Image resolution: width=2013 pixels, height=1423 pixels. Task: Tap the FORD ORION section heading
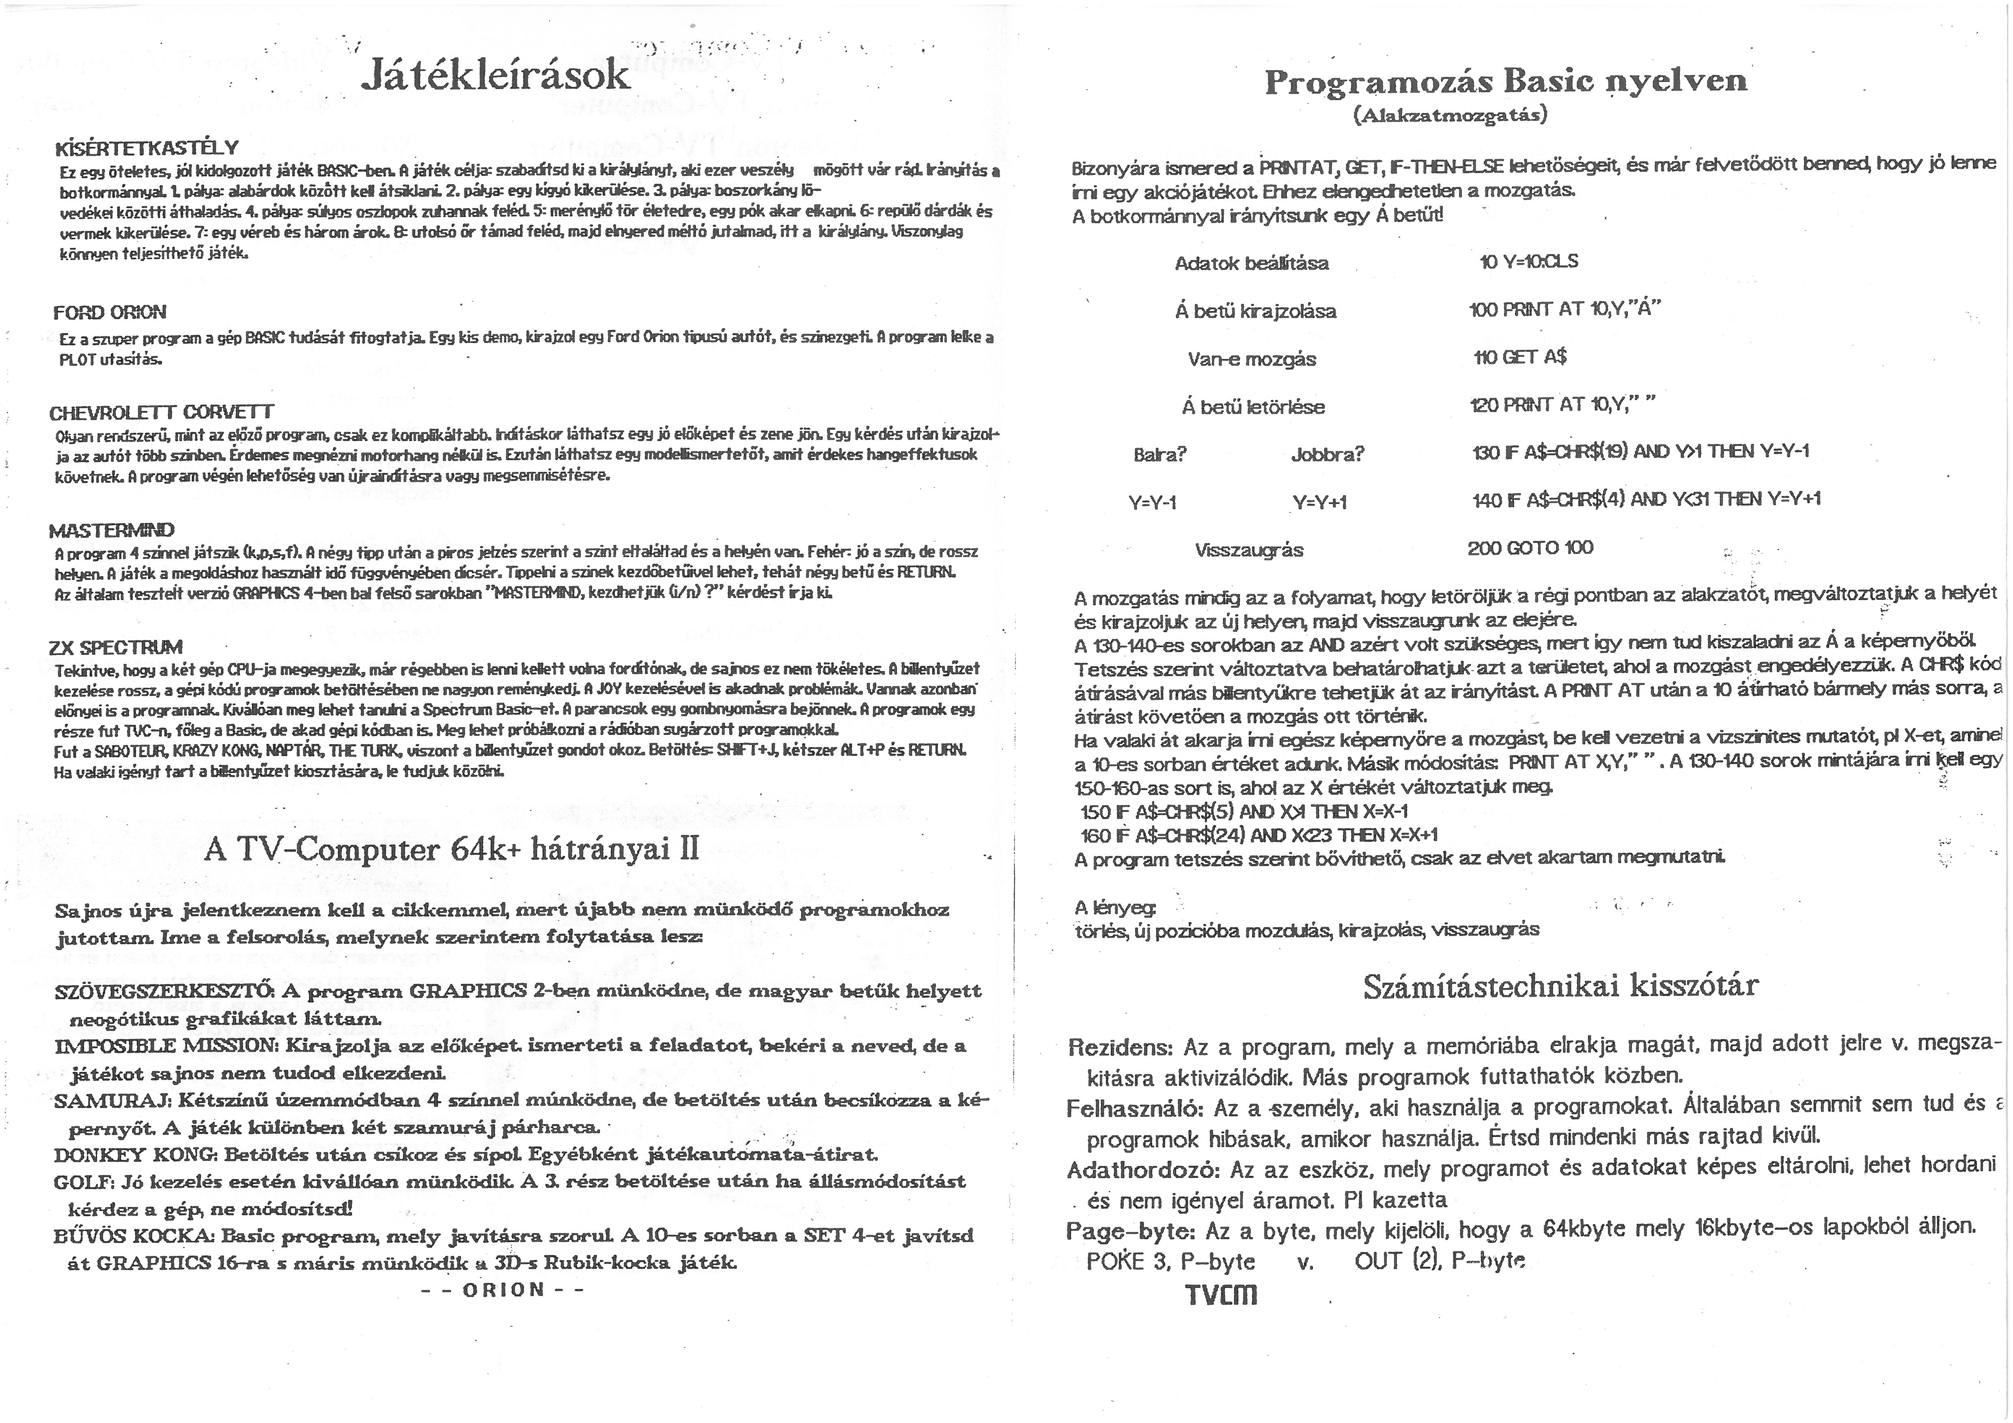(x=110, y=312)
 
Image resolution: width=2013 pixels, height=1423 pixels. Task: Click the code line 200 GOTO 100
(x=1530, y=548)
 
